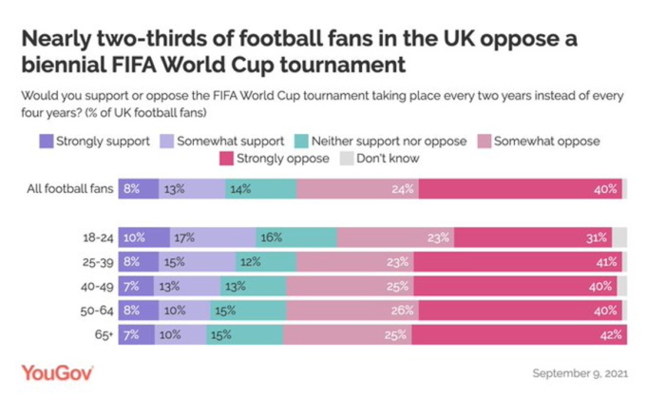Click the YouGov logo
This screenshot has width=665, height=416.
click(x=57, y=372)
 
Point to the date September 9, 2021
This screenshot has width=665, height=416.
click(x=580, y=372)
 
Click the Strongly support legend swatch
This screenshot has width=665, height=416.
click(x=46, y=142)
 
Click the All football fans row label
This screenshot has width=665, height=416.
click(x=71, y=188)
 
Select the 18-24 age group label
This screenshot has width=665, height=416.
click(x=98, y=237)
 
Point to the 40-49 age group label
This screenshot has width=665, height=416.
click(x=97, y=286)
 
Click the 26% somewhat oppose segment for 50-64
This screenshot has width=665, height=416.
click(x=351, y=310)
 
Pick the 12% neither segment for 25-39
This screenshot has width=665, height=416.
click(x=265, y=261)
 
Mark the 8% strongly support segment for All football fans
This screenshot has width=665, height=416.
click(x=137, y=188)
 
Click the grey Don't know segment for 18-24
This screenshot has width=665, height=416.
click(x=619, y=237)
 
